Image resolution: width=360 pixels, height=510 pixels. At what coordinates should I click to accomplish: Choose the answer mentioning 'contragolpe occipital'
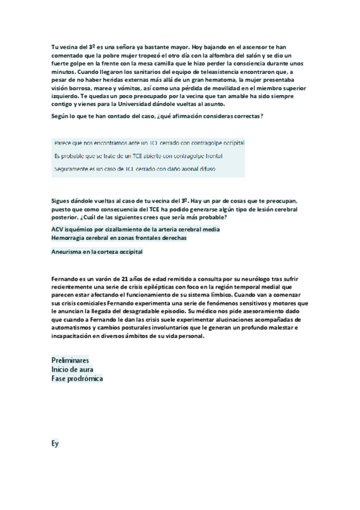149,143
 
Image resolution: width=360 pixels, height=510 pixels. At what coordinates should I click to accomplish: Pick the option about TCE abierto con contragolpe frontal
138,156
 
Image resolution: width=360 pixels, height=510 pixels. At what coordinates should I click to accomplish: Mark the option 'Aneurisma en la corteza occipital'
97,252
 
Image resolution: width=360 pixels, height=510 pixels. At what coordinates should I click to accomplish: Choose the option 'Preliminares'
71,360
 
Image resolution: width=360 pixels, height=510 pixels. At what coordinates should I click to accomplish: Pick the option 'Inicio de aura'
72,369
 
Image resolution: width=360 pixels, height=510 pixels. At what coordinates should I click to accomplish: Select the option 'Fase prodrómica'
77,379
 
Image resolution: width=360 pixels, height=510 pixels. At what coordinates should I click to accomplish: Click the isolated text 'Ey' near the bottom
55,444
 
